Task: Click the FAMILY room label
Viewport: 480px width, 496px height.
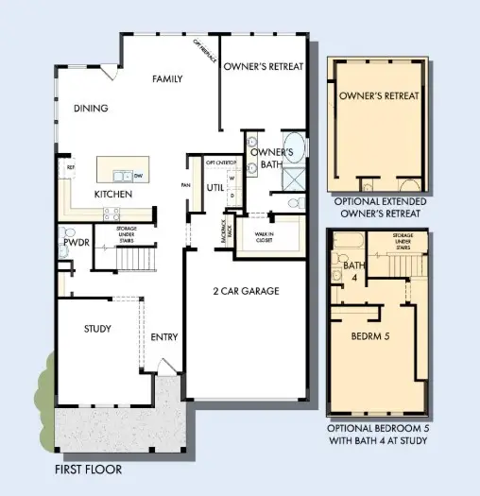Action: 166,79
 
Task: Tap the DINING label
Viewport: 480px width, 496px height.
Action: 91,109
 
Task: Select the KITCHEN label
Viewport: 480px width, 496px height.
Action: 112,195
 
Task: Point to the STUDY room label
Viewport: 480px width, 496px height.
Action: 96,330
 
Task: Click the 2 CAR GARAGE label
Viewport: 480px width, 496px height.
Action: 246,291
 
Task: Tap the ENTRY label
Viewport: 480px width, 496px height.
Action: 164,337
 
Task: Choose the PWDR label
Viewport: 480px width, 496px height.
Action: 76,243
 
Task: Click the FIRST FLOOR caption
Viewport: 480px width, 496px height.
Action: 89,469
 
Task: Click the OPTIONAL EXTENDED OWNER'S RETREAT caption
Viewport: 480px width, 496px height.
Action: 380,208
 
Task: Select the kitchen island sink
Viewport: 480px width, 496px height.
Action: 121,175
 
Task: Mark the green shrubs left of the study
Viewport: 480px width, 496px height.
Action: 44,387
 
